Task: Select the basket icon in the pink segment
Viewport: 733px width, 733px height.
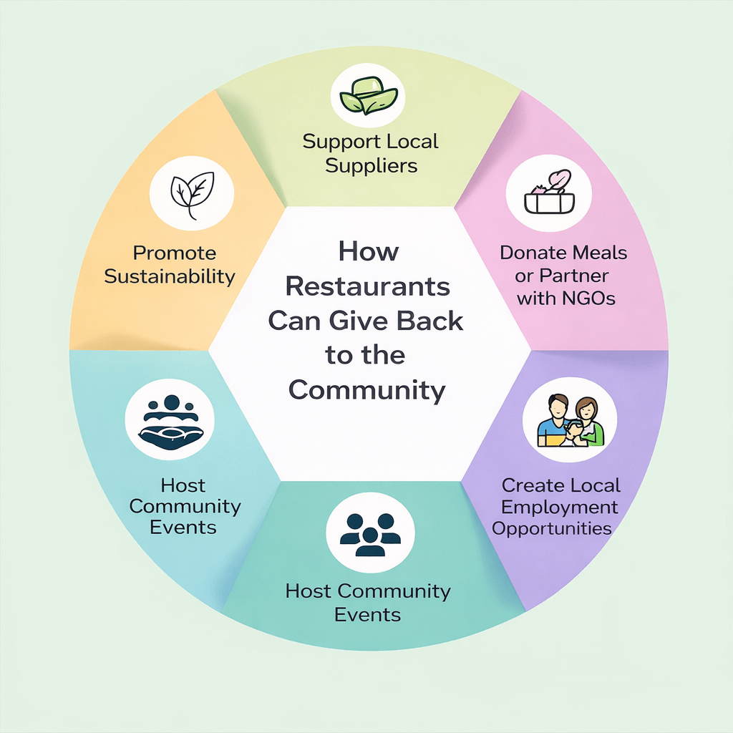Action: point(548,195)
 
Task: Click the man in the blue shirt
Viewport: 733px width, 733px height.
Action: point(555,423)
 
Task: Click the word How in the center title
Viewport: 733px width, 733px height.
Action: point(369,251)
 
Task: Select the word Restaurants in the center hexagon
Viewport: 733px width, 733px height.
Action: point(368,286)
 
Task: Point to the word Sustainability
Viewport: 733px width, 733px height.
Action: point(170,276)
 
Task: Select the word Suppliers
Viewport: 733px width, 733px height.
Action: point(371,165)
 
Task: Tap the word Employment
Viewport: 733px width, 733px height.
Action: point(559,507)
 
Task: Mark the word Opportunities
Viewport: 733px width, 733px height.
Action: point(552,529)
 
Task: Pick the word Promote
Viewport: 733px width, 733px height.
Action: point(175,253)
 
